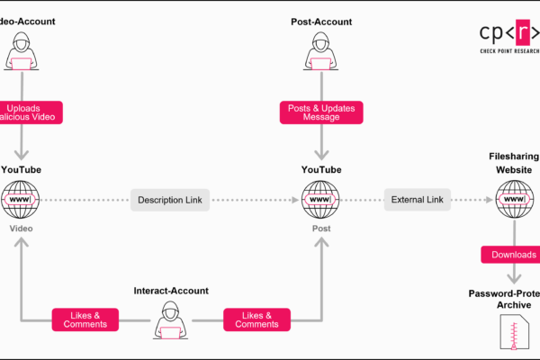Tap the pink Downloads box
(x=513, y=255)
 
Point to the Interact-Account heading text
(x=170, y=290)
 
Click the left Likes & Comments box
(x=85, y=319)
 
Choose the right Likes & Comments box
(x=256, y=319)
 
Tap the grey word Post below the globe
(x=321, y=229)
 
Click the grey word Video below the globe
(x=21, y=229)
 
